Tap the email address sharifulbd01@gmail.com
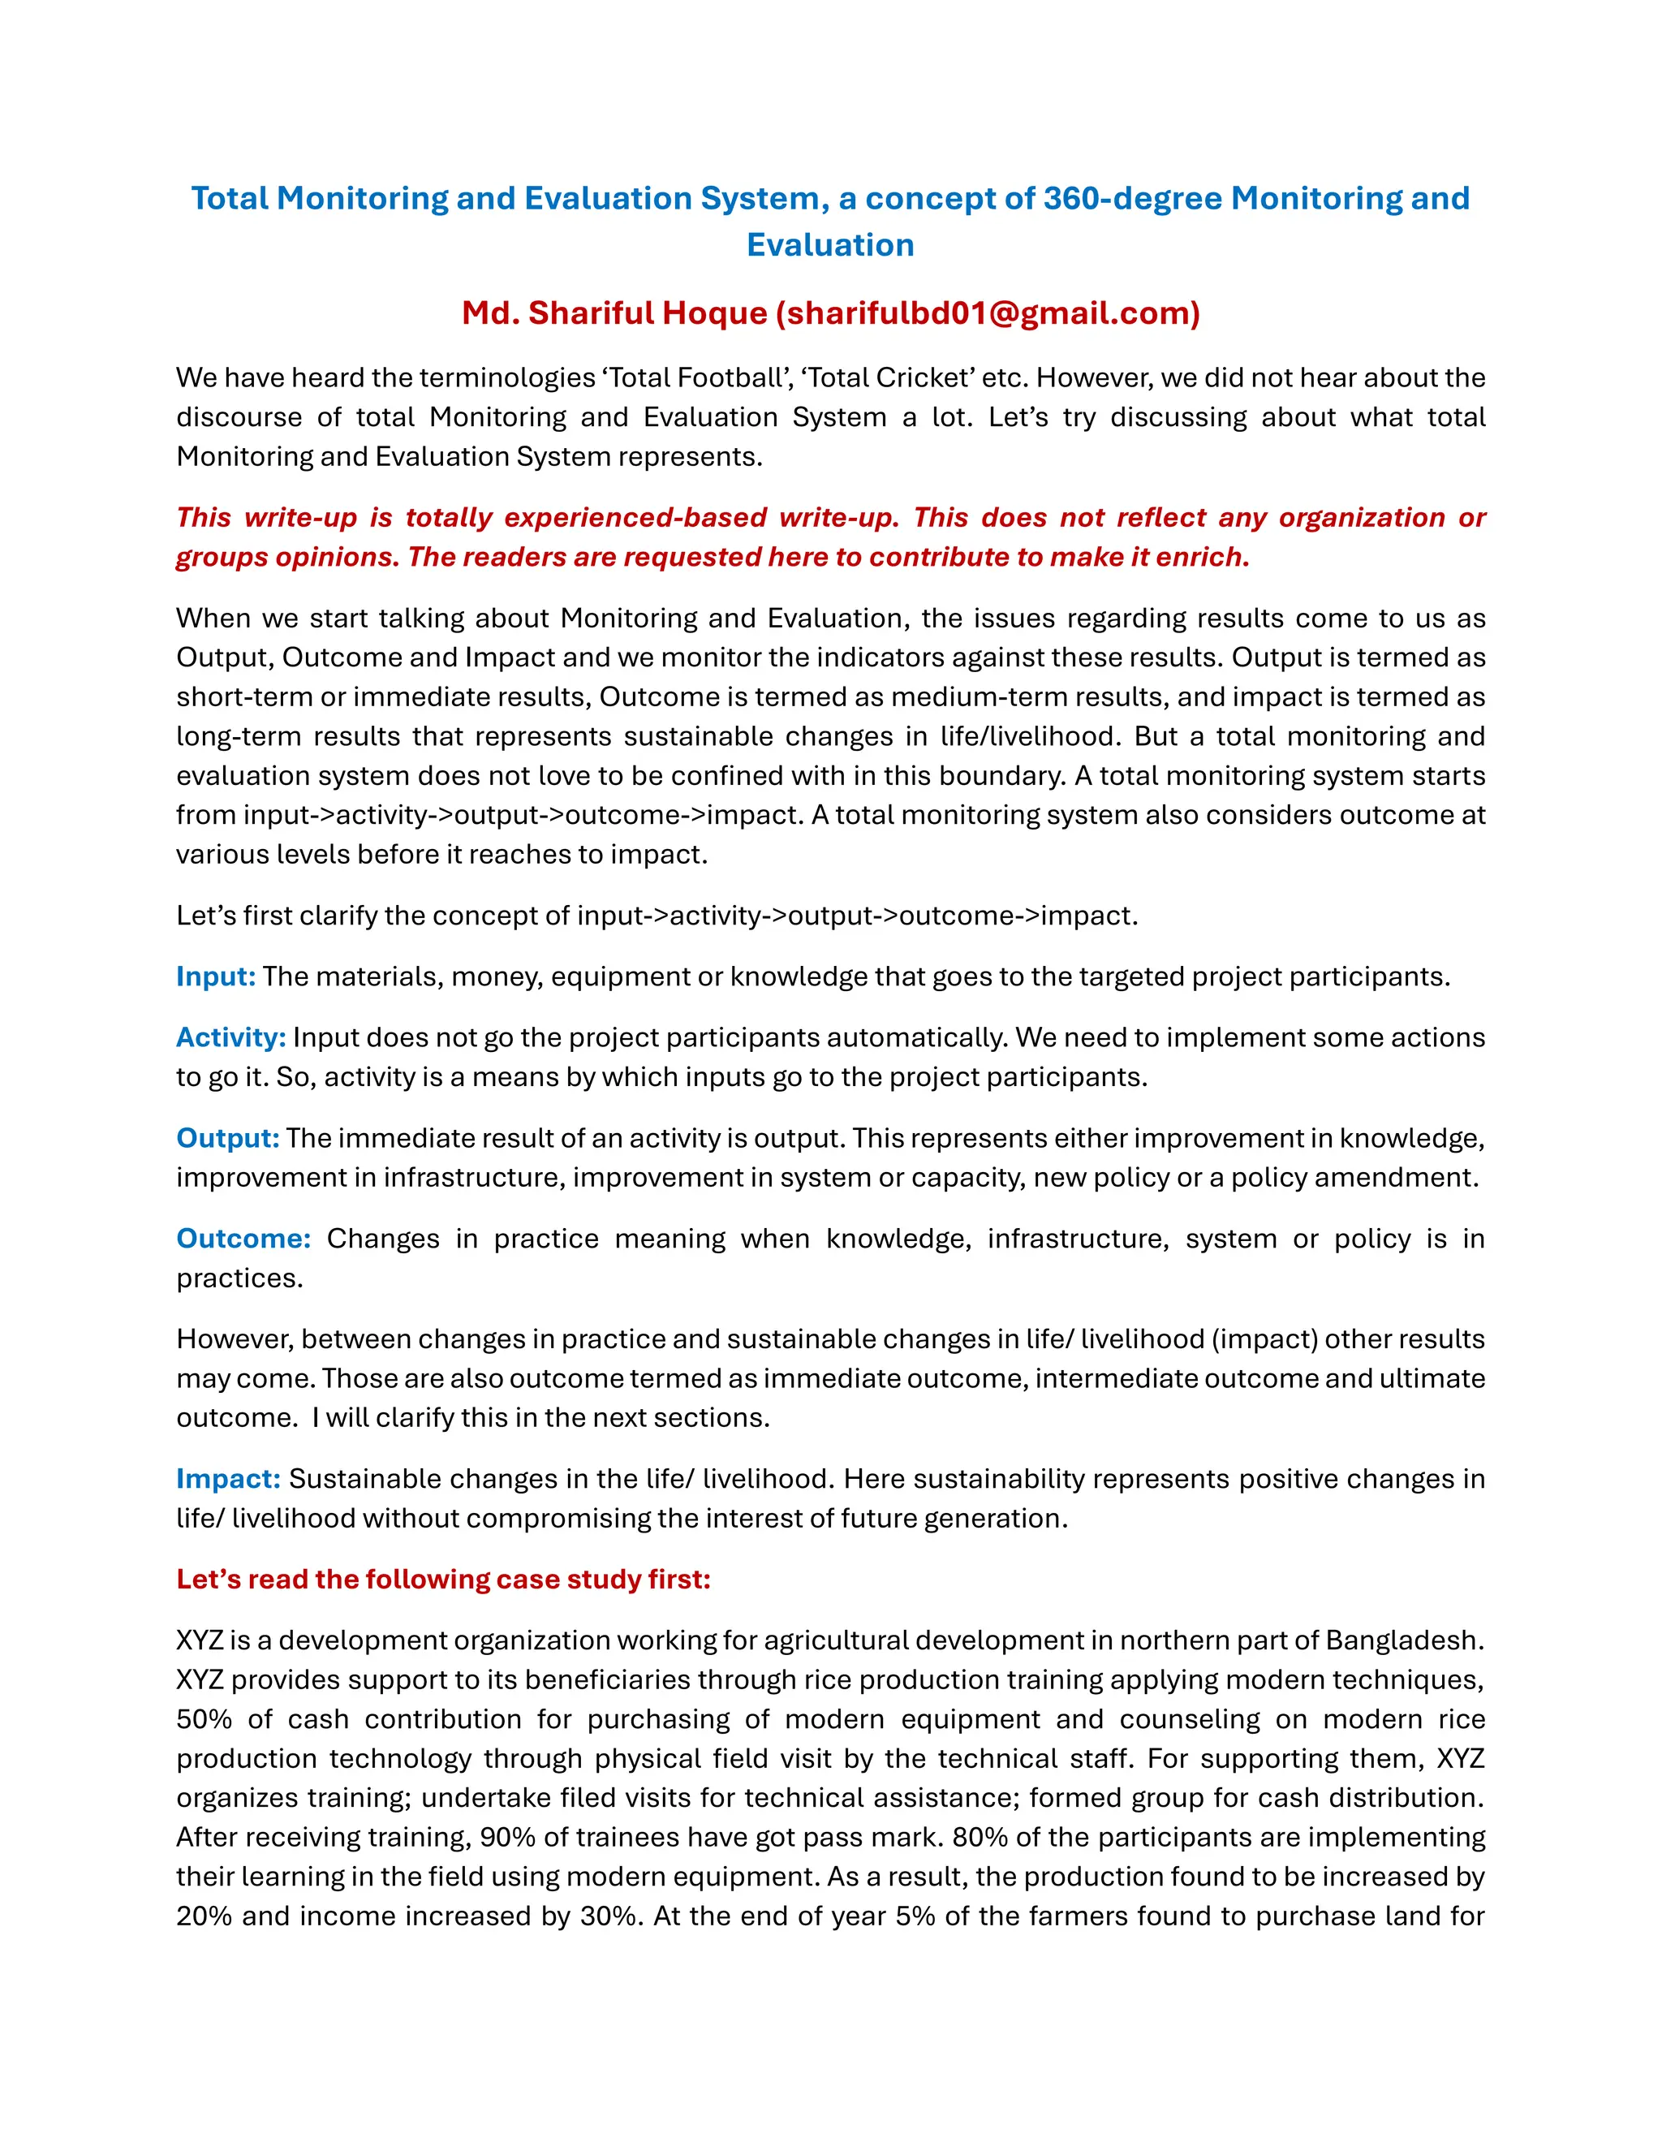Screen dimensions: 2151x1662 pyautogui.click(x=988, y=313)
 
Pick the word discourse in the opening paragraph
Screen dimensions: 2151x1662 pyautogui.click(x=239, y=417)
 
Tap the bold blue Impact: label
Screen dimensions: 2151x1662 pyautogui.click(x=228, y=1479)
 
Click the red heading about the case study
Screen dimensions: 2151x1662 pyautogui.click(x=443, y=1580)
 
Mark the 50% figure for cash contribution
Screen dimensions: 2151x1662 pyautogui.click(x=204, y=1720)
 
